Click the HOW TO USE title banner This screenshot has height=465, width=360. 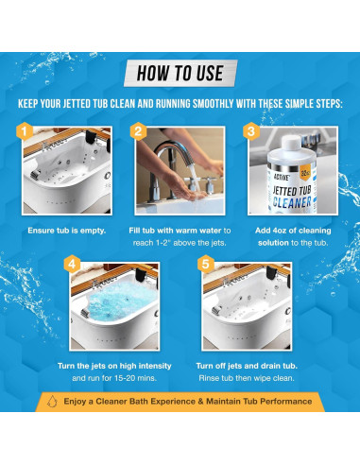tap(180, 73)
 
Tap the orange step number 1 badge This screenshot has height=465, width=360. tap(25, 131)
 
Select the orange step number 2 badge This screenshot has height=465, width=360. tap(138, 131)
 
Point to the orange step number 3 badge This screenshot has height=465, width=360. tap(251, 131)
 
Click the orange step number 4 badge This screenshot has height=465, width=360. tap(72, 264)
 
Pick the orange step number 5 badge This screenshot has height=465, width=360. tap(206, 264)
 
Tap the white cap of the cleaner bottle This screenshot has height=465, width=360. tap(292, 142)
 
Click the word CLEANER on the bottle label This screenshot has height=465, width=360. tap(292, 202)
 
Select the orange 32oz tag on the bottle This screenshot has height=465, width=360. tap(304, 173)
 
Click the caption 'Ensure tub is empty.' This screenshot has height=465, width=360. tap(67, 231)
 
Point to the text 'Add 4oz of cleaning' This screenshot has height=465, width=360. tap(293, 231)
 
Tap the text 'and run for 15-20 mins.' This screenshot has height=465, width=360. tap(114, 378)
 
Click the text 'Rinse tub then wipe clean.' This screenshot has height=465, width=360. tap(247, 378)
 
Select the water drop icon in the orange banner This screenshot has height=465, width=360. tap(52, 402)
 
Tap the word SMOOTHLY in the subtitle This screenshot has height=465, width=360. tap(214, 104)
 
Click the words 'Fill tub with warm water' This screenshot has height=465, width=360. tap(175, 231)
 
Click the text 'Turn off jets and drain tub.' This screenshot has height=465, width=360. tap(247, 366)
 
